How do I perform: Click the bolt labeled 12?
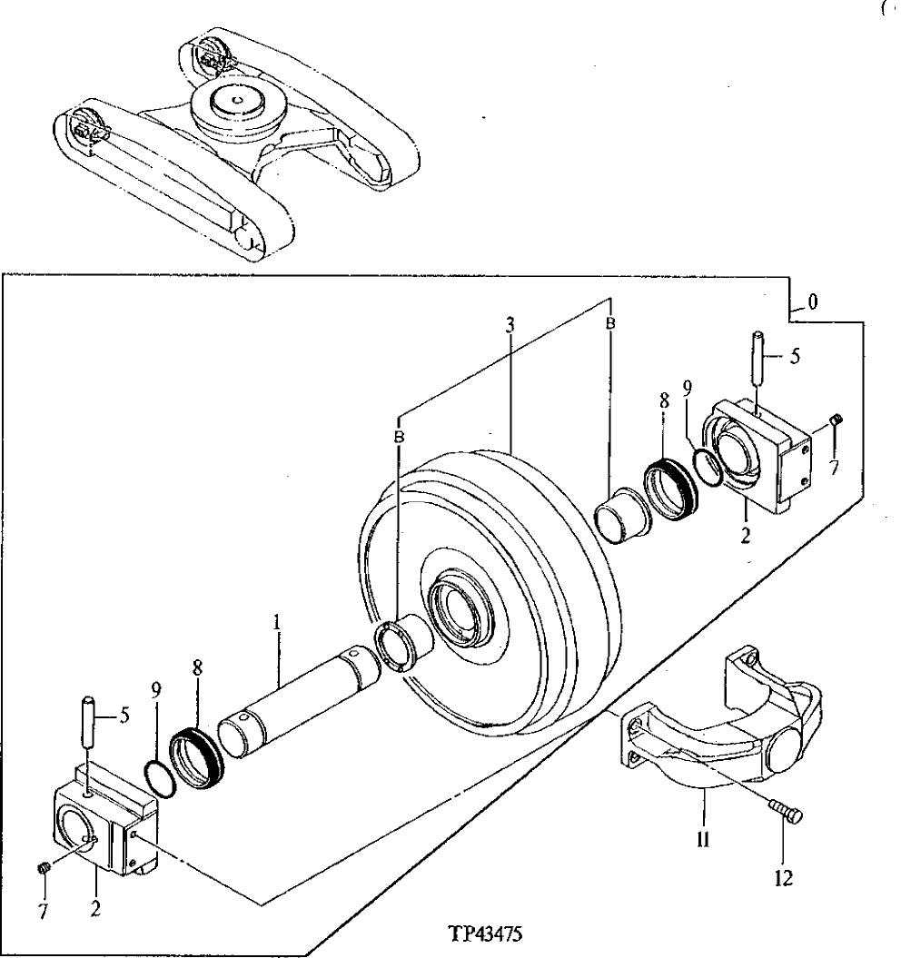pyautogui.click(x=785, y=811)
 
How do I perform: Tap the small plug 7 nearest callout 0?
pyautogui.click(x=838, y=419)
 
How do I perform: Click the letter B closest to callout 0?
pyautogui.click(x=610, y=323)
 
